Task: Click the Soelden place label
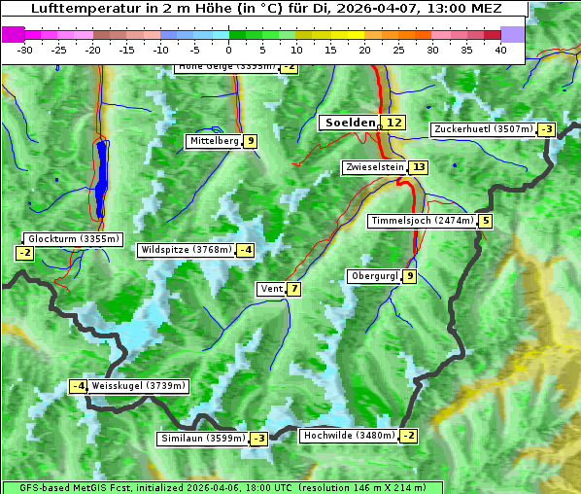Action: (x=349, y=123)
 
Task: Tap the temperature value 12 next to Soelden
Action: (x=393, y=123)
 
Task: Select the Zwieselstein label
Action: (x=374, y=167)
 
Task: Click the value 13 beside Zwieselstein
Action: (x=419, y=167)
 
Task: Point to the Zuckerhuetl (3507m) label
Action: (x=484, y=128)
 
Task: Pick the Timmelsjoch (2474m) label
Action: (x=423, y=221)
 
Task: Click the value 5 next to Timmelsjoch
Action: (x=486, y=221)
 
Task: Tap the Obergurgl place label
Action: (x=374, y=276)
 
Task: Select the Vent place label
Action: (x=271, y=289)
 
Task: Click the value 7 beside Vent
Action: (x=293, y=289)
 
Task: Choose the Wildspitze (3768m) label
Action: (x=187, y=250)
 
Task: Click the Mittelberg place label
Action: (x=214, y=141)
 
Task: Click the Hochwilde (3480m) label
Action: (x=348, y=436)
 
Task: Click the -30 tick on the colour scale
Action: (x=25, y=50)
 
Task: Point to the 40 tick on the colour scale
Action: (x=500, y=50)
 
